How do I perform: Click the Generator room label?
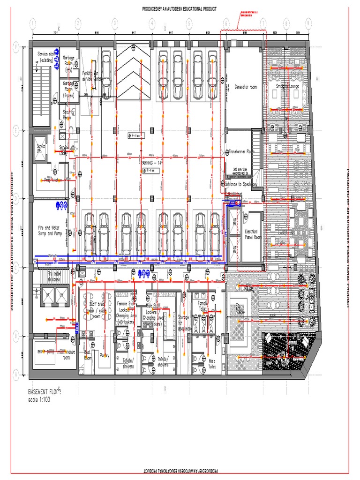pos(246,87)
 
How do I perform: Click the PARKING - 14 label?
pos(151,162)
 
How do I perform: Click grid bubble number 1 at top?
pos(33,23)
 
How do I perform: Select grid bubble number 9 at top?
pos(308,23)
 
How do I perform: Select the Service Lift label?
pos(42,148)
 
